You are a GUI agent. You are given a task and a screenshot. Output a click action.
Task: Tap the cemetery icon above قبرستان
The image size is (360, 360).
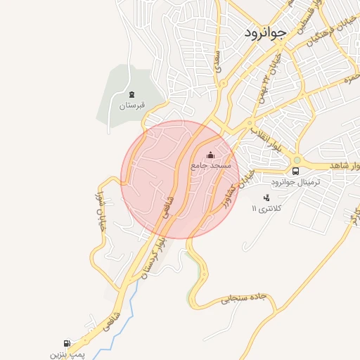point(131,94)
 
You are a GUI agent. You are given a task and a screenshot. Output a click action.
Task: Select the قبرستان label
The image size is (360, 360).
point(131,105)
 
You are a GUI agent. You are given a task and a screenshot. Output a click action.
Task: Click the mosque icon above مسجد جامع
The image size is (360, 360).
point(210,155)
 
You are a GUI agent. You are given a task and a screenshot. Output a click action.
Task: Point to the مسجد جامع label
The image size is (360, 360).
point(209,165)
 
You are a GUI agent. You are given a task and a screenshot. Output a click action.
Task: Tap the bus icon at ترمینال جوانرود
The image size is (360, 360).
point(295,171)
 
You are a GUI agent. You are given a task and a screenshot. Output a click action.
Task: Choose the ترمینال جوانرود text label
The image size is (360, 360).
point(295,182)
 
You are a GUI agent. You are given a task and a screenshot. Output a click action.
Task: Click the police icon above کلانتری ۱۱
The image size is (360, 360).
point(265,198)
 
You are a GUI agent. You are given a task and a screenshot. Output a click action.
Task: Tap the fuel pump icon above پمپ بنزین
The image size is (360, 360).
point(67,344)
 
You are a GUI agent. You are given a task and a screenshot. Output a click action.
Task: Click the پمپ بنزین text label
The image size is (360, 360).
point(67,354)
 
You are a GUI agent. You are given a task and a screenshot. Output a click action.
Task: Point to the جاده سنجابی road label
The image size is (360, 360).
point(244,298)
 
